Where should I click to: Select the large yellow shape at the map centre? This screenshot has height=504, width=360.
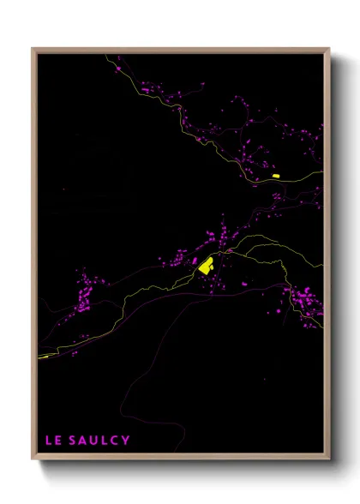[x=206, y=266]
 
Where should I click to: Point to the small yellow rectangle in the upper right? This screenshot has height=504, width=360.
[x=276, y=176]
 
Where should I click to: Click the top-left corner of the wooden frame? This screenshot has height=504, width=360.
[x=33, y=48]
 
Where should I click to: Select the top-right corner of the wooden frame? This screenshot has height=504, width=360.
[x=329, y=48]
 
